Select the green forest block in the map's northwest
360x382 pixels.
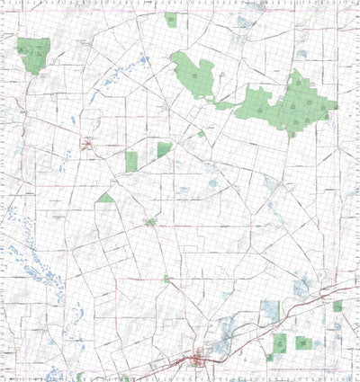click(x=32, y=55)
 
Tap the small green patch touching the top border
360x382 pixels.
click(x=171, y=19)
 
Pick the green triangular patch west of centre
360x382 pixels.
click(x=106, y=198)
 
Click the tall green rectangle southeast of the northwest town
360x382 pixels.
click(x=131, y=162)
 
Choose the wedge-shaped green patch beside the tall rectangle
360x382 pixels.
click(x=164, y=149)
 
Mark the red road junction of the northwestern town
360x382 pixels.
click(x=87, y=142)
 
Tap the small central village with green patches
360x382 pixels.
click(x=150, y=221)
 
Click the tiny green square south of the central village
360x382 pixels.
click(x=166, y=280)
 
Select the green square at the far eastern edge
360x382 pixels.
click(x=337, y=306)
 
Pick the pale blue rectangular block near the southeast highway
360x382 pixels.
click(x=270, y=310)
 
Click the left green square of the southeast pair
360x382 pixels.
click(x=280, y=342)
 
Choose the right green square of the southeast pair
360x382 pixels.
click(x=303, y=342)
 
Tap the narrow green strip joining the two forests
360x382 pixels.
click(x=225, y=105)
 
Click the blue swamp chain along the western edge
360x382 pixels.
click(x=27, y=261)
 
